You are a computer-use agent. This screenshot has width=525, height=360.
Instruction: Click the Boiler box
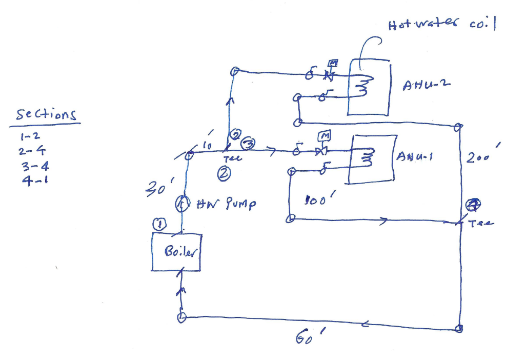point(176,252)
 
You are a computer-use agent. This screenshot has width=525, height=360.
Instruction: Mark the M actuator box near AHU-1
point(325,136)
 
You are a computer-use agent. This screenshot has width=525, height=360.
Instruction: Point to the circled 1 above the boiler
point(159,224)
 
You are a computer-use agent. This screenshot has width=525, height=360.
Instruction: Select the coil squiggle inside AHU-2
point(365,88)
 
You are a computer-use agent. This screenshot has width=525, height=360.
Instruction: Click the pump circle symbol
point(181,204)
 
